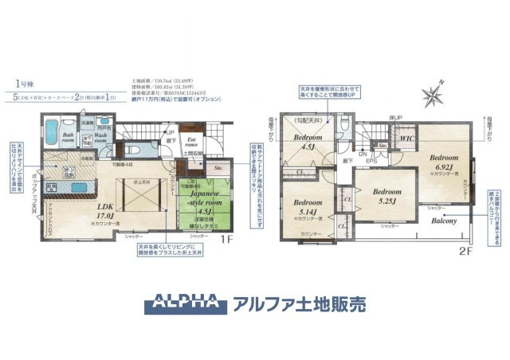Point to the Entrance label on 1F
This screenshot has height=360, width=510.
(192, 142)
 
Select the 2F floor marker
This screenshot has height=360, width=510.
(464, 248)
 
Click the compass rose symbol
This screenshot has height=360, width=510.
(435, 94)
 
